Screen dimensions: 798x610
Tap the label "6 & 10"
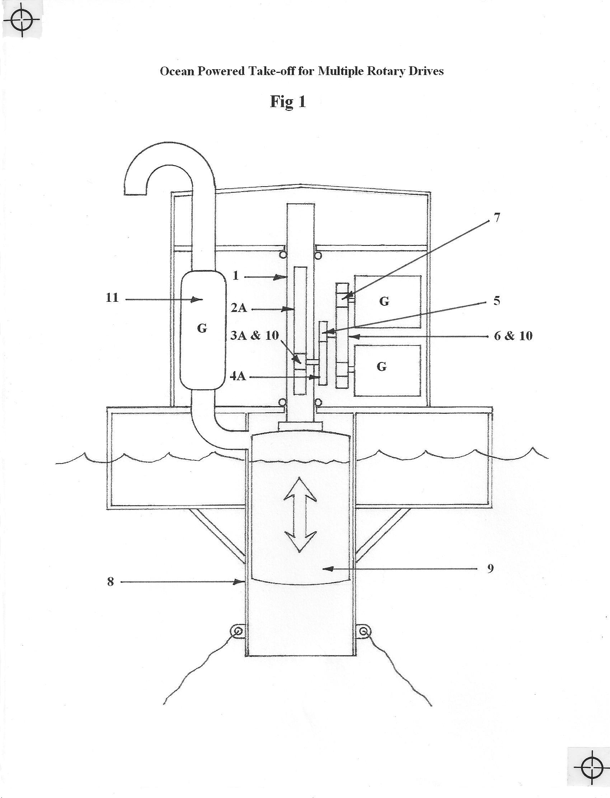point(513,336)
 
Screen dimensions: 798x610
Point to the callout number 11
point(112,298)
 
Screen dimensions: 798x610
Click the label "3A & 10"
point(254,334)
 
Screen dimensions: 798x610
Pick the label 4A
point(238,376)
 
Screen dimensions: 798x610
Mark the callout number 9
point(490,569)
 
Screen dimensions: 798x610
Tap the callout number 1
point(236,276)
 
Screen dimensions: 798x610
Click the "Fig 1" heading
point(288,102)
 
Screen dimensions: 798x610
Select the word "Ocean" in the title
point(177,71)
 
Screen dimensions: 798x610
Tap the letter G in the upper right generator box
point(384,301)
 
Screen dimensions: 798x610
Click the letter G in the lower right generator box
point(382,367)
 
